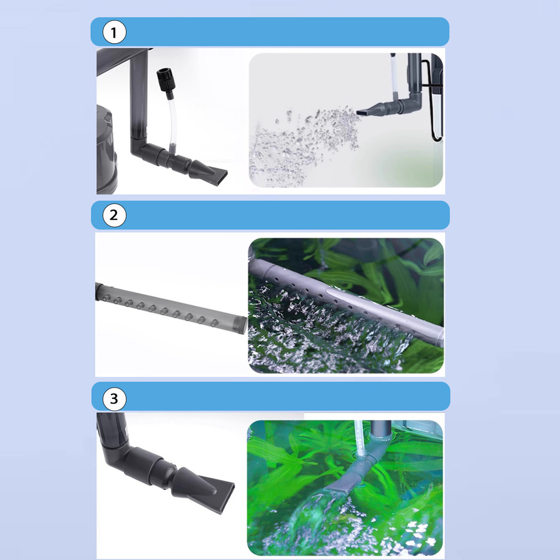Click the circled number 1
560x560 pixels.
(114, 32)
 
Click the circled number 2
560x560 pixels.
(114, 215)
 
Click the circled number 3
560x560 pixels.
(114, 399)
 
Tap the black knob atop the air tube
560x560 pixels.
(165, 80)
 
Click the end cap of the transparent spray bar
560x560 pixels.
(242, 325)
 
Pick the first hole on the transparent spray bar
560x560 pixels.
(106, 298)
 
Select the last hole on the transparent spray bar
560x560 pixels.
(214, 323)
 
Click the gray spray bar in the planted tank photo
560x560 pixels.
(346, 302)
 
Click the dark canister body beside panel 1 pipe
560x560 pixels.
(107, 150)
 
